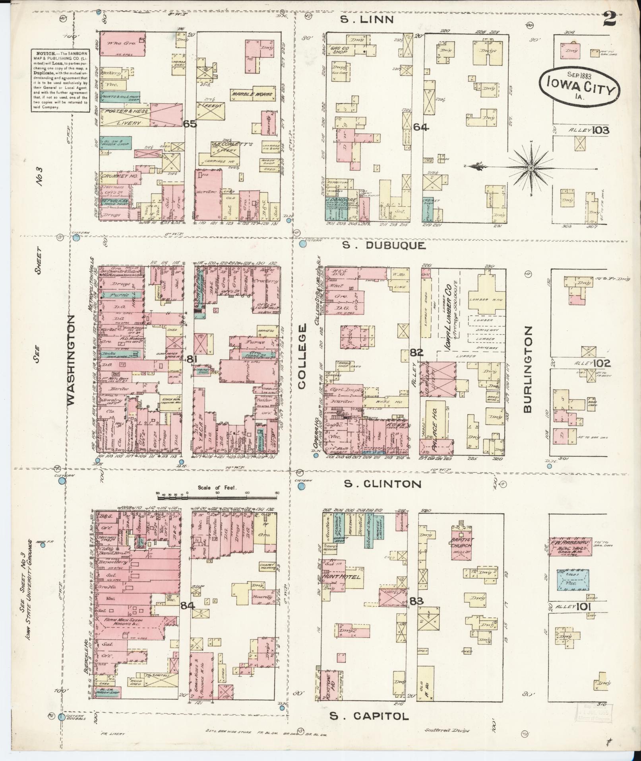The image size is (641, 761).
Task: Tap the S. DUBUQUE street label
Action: (384, 246)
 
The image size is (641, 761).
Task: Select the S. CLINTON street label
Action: (382, 484)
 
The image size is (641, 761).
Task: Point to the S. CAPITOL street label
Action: (369, 716)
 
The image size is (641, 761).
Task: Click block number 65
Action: (190, 124)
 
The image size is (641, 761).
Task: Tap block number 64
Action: (420, 127)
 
